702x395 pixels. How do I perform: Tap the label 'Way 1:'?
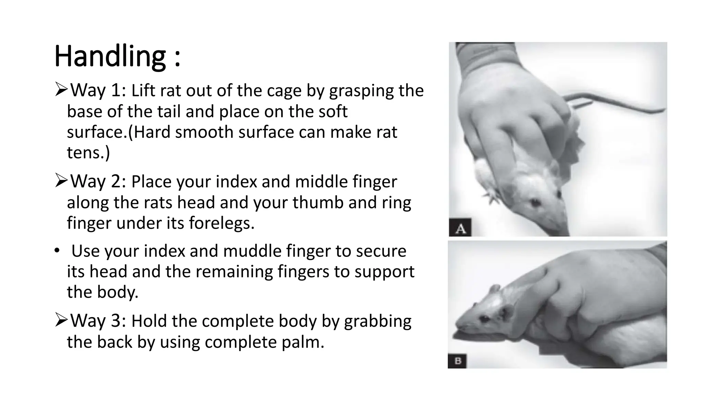[98, 91]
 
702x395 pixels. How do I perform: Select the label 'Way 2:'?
[98, 181]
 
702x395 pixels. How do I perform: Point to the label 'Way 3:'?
[98, 321]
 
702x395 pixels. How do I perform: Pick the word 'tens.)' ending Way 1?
[88, 152]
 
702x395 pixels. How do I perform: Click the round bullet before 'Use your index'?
[57, 251]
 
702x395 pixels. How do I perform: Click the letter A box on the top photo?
[460, 228]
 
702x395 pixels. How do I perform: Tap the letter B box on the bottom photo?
[457, 361]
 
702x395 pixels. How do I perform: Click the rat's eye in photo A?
[535, 203]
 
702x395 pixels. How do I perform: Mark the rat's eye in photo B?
[484, 319]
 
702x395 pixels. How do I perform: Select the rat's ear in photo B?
[496, 289]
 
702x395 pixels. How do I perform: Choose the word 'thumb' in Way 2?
[318, 203]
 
